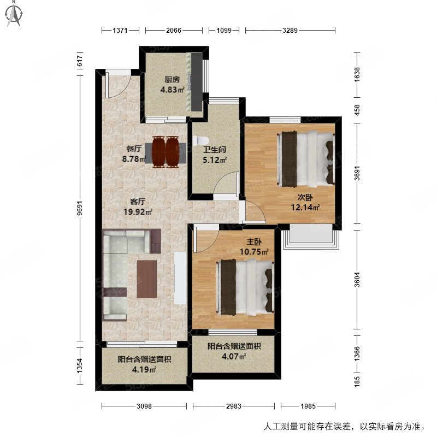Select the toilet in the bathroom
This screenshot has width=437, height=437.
[x=198, y=141]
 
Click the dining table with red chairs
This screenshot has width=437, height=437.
[x=165, y=151]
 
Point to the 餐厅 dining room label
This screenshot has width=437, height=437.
[x=134, y=148]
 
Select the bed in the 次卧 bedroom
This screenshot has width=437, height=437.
[x=306, y=158]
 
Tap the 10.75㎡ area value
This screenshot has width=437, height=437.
[x=255, y=252]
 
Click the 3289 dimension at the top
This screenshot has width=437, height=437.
[x=290, y=31]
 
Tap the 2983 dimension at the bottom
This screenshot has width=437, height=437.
[x=234, y=406]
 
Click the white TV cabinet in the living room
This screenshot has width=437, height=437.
[x=180, y=279]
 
